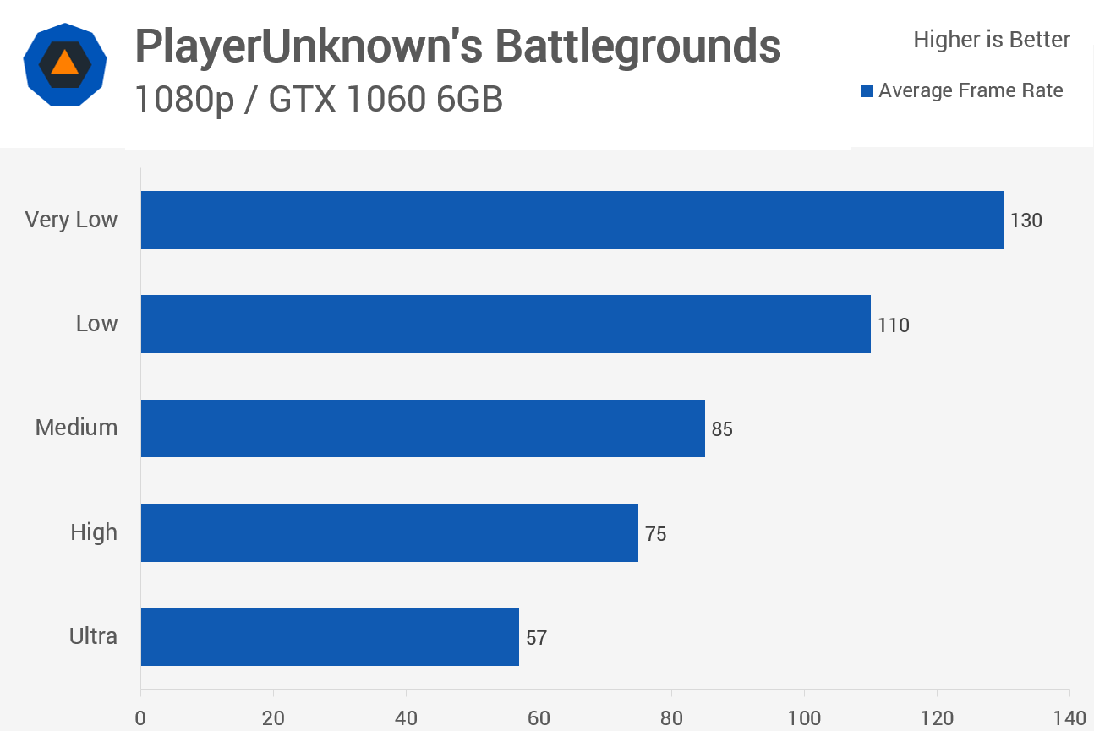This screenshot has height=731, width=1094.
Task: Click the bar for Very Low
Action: tap(572, 220)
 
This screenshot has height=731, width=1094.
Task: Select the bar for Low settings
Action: tap(506, 324)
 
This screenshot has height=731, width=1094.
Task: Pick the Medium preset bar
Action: tap(423, 428)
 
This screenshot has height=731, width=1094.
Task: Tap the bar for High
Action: tap(389, 532)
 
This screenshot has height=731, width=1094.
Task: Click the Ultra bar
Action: tap(330, 636)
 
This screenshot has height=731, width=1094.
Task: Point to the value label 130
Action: tap(1026, 221)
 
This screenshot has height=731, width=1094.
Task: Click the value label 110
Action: tap(894, 325)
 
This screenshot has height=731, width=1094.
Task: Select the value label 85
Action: tap(722, 429)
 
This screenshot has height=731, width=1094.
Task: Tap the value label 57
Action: tap(536, 637)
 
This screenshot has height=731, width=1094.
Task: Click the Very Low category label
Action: tap(71, 220)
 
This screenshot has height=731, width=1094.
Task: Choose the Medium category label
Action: tap(76, 428)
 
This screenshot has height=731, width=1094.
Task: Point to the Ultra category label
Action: tap(93, 636)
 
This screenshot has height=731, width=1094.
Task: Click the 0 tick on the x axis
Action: tap(140, 717)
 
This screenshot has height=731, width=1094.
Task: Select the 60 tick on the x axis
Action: tap(539, 717)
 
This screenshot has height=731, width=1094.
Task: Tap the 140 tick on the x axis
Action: tap(1069, 717)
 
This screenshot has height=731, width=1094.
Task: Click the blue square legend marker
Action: tap(867, 91)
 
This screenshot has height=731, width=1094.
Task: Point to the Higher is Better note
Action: tap(992, 40)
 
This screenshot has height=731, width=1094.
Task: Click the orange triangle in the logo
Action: tap(64, 63)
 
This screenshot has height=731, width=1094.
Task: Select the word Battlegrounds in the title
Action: tap(637, 46)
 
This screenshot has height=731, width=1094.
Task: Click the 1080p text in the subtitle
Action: tap(183, 101)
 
